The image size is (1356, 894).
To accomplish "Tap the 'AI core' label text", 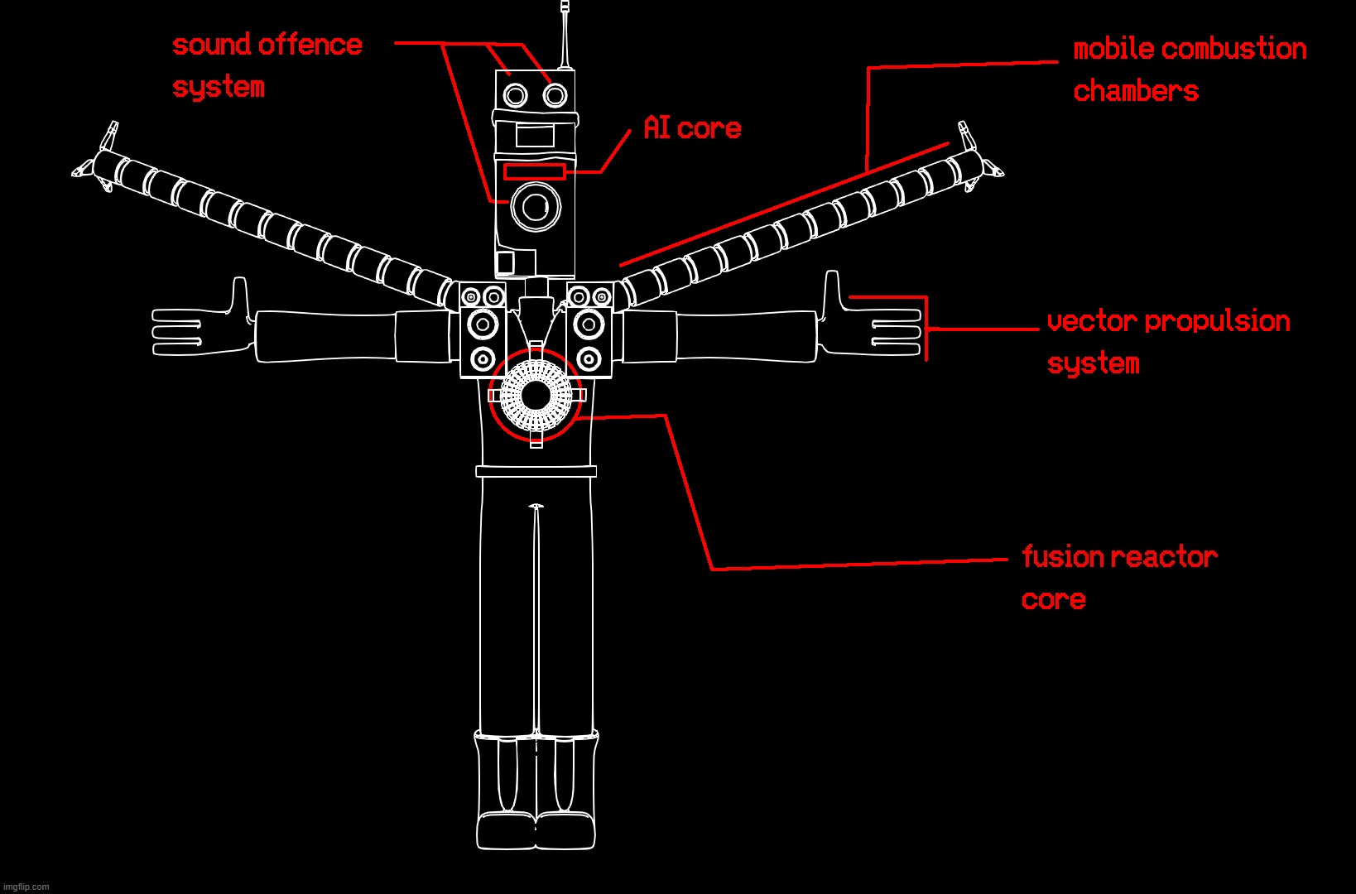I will point(692,128).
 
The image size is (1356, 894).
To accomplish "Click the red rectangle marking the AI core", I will point(535,172).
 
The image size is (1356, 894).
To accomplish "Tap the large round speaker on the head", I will point(536,207).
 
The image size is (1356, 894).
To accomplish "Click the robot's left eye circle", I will point(515,96).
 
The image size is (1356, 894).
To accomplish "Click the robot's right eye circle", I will point(555,96).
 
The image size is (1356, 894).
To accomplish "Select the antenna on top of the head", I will point(565,37).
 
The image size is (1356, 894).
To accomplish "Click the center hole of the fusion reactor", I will point(536,396).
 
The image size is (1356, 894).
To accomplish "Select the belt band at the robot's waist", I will point(536,471).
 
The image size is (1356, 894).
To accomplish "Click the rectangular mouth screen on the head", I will point(535,136).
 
